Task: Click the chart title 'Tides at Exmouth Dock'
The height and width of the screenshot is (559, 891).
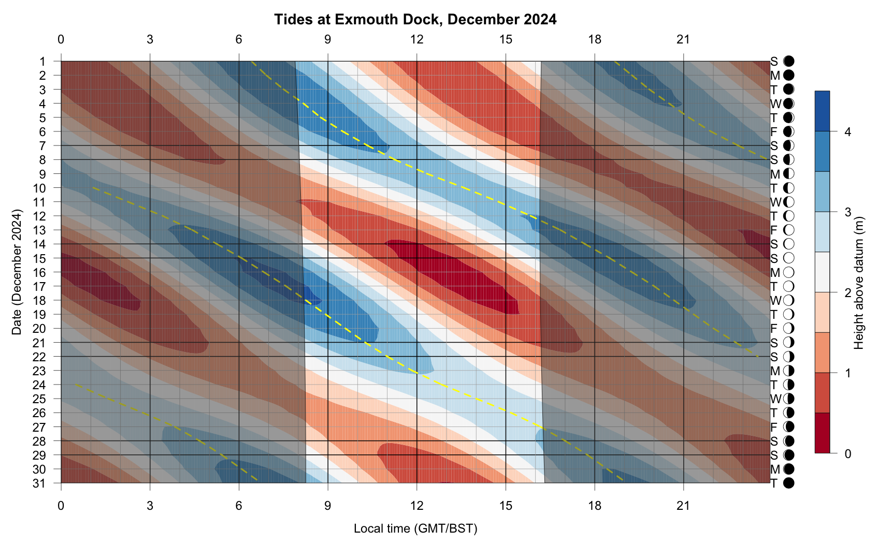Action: [x=415, y=20]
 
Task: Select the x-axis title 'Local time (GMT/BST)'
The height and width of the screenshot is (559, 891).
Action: [x=415, y=528]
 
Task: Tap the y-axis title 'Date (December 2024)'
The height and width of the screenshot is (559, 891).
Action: [x=17, y=272]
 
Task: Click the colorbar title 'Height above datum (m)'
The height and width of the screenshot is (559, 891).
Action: [x=859, y=283]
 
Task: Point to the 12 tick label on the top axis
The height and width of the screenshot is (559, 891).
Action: [x=416, y=39]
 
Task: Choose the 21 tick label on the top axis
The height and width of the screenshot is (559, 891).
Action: [x=684, y=39]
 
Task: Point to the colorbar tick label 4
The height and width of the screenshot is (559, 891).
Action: [x=847, y=132]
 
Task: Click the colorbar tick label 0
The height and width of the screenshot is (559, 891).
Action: [x=847, y=454]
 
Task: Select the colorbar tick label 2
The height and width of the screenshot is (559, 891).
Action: [x=847, y=293]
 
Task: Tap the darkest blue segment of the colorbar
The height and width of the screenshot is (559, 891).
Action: [x=822, y=111]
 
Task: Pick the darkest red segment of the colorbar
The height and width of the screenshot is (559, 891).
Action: [x=822, y=433]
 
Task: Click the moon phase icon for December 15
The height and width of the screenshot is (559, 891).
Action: [x=789, y=258]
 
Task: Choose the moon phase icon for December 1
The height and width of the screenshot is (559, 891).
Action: [x=789, y=62]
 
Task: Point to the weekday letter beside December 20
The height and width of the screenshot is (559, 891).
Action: [x=774, y=329]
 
